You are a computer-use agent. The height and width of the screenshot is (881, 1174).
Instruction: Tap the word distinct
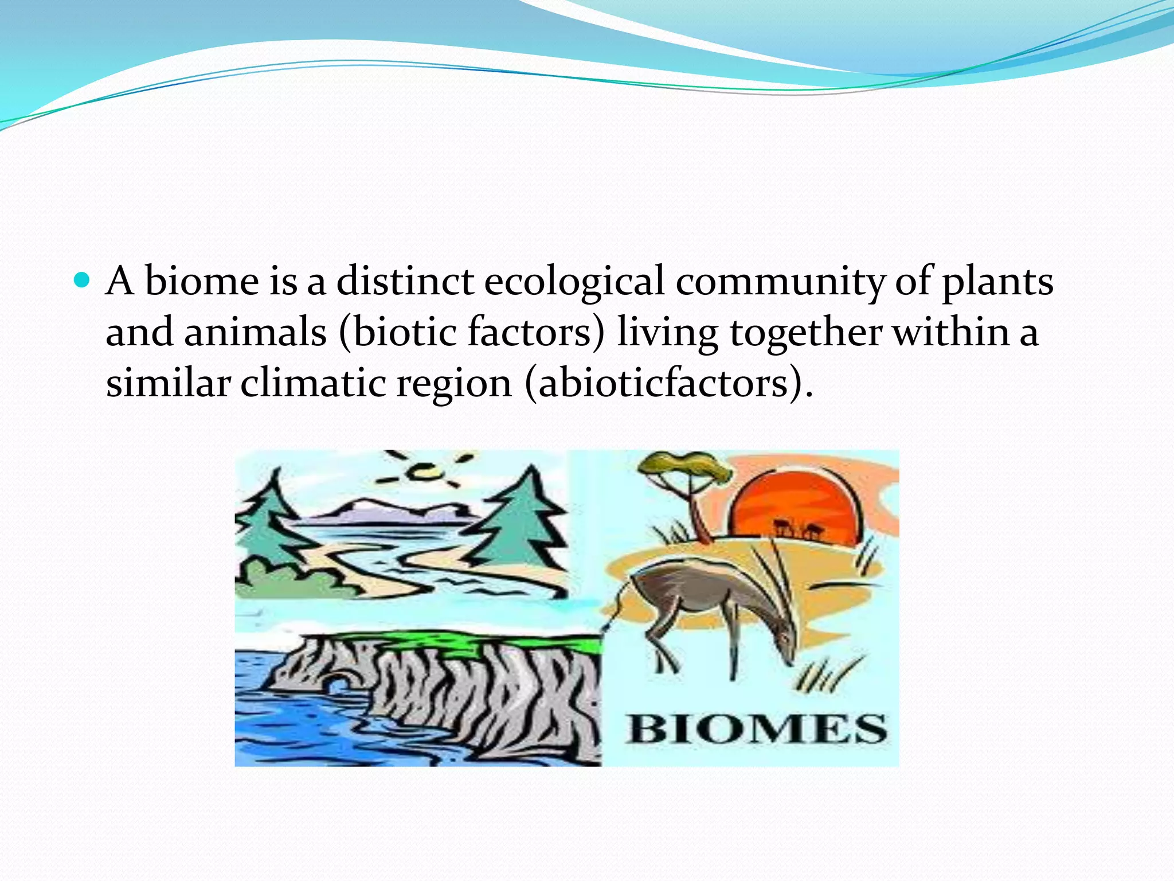(405, 281)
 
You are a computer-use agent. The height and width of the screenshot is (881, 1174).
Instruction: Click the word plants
(997, 282)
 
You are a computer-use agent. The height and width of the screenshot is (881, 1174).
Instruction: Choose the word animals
(255, 333)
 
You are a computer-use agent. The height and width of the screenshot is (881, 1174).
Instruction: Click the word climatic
(312, 383)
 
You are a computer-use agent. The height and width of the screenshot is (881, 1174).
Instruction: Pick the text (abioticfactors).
(668, 383)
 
